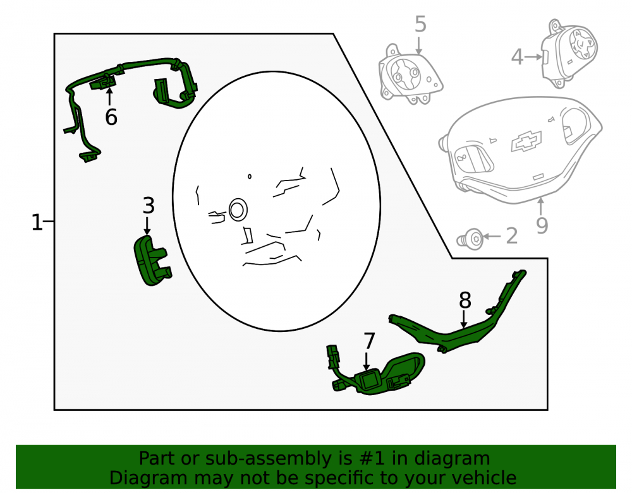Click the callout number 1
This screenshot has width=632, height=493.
pyautogui.click(x=37, y=222)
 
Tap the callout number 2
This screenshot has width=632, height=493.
pyautogui.click(x=511, y=236)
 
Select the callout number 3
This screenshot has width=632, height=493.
pyautogui.click(x=149, y=206)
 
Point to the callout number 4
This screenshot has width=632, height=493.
pyautogui.click(x=517, y=57)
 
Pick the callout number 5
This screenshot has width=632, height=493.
pyautogui.click(x=420, y=24)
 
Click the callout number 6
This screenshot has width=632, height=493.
pyautogui.click(x=111, y=117)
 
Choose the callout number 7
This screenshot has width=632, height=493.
pyautogui.click(x=369, y=341)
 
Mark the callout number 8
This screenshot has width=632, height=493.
pyautogui.click(x=465, y=300)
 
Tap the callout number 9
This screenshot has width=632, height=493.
pyautogui.click(x=542, y=225)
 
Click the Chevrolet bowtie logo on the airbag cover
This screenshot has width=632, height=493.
pyautogui.click(x=526, y=141)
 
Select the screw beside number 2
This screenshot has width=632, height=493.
pyautogui.click(x=471, y=239)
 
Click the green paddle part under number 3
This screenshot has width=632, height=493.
pyautogui.click(x=152, y=260)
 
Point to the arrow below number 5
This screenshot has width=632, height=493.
pyautogui.click(x=419, y=46)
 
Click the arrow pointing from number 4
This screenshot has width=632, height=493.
pyautogui.click(x=533, y=57)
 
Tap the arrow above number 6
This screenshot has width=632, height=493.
pyautogui.click(x=109, y=97)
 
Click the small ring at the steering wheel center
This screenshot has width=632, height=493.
pyautogui.click(x=238, y=210)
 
